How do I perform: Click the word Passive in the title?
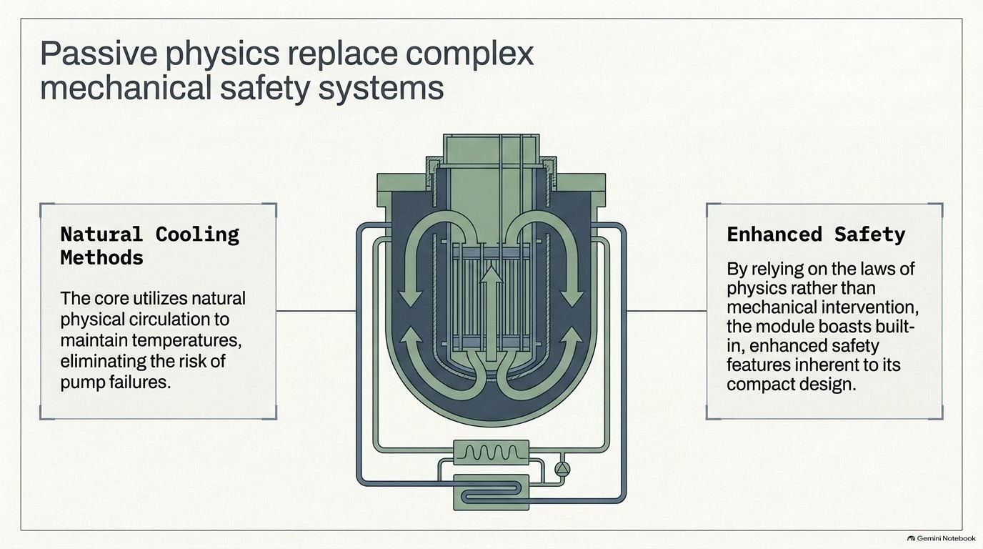coord(99,54)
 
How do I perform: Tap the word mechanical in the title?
coord(126,88)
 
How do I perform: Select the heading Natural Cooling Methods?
coord(149,246)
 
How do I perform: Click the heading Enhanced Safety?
coord(816,234)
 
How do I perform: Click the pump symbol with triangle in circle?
coord(562,469)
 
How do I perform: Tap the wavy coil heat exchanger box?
coord(491,452)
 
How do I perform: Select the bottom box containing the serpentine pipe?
coord(491,493)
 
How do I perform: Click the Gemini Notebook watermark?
coord(942,538)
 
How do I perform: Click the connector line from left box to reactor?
coord(316,311)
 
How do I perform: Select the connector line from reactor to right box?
coord(667,311)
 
